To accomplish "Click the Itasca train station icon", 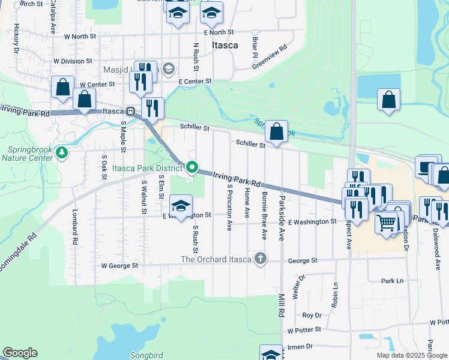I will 130,111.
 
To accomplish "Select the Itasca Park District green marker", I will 192,167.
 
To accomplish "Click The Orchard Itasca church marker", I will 260,259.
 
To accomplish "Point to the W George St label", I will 120,265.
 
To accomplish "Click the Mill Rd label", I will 280,304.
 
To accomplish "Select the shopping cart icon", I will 387,222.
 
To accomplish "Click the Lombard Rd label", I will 76,234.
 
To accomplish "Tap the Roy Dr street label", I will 312,315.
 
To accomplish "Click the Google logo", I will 20,353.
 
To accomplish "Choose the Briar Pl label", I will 255,43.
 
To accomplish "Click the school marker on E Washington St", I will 181,206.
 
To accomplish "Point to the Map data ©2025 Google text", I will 411,355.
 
